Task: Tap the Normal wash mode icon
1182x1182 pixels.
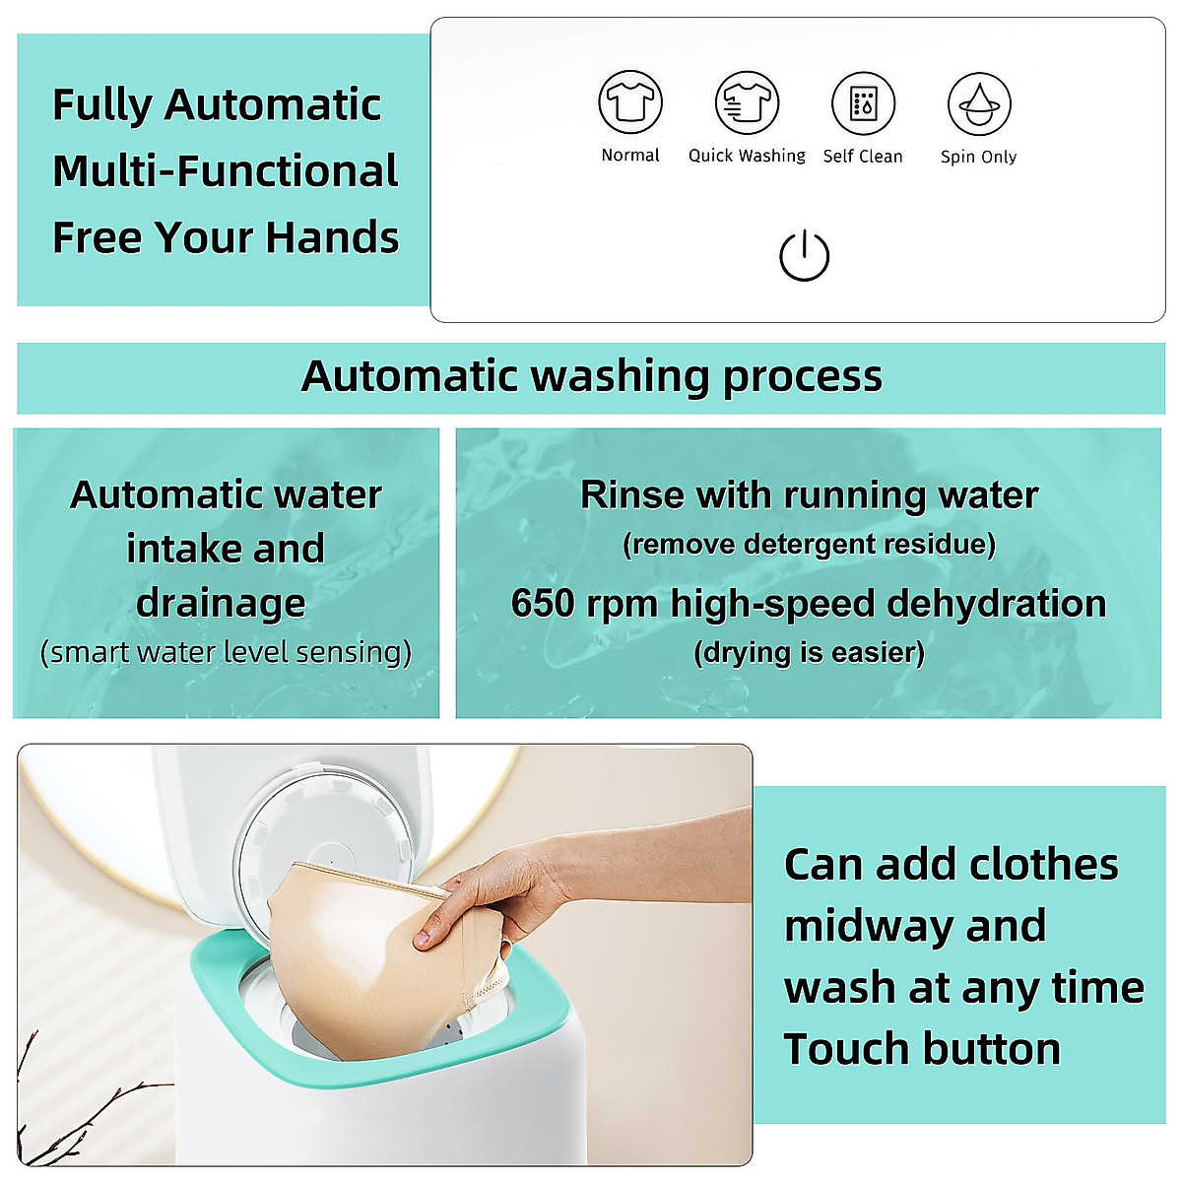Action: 630,102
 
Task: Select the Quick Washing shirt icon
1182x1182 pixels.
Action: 747,102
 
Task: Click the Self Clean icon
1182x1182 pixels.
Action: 863,102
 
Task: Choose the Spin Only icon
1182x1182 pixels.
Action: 978,103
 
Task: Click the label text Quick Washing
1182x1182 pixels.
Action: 747,156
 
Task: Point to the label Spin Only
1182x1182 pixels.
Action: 978,157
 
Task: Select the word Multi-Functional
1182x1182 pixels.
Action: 226,171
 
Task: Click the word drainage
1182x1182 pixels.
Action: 222,603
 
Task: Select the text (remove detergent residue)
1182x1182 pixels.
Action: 809,545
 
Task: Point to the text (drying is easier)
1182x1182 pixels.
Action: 809,652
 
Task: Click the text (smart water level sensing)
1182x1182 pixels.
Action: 226,652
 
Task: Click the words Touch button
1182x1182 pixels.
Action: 922,1049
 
